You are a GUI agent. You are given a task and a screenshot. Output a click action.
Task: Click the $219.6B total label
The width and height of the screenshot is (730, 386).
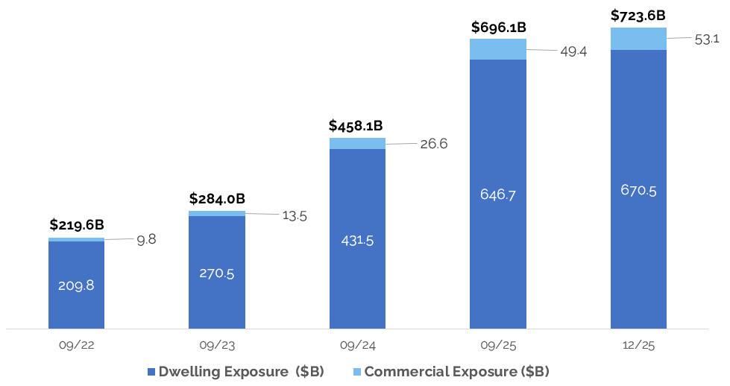[x=78, y=224]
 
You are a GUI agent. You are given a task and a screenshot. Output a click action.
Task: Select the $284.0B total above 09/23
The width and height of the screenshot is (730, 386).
[x=217, y=199]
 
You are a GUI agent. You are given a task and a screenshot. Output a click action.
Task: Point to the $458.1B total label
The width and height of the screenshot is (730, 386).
[x=357, y=126]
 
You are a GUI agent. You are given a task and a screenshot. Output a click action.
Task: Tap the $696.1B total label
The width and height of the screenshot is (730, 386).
[x=498, y=28]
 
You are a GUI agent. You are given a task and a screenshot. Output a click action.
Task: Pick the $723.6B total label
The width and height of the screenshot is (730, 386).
[x=638, y=15]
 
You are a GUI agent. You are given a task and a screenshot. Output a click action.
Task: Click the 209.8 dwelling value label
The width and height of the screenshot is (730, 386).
[x=76, y=285]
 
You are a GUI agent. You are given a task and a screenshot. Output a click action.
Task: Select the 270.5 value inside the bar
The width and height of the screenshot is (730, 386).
[x=217, y=273]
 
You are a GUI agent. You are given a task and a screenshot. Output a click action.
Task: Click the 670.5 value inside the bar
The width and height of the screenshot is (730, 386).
[x=638, y=190]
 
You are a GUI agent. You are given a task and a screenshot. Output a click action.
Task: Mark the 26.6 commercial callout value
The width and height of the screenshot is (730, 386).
[x=433, y=144]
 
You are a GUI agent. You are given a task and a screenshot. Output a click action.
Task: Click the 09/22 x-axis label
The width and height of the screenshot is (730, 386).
[x=76, y=345]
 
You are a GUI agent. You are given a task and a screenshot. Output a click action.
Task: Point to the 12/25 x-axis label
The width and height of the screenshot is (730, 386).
[x=638, y=345]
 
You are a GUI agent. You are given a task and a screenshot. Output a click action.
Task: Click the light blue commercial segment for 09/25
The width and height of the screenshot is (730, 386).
[x=498, y=49]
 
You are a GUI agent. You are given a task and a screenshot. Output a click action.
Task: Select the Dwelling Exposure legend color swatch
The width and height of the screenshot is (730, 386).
[x=151, y=371]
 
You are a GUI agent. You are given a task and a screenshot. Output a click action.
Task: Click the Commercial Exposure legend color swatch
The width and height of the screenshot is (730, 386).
[x=357, y=371]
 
